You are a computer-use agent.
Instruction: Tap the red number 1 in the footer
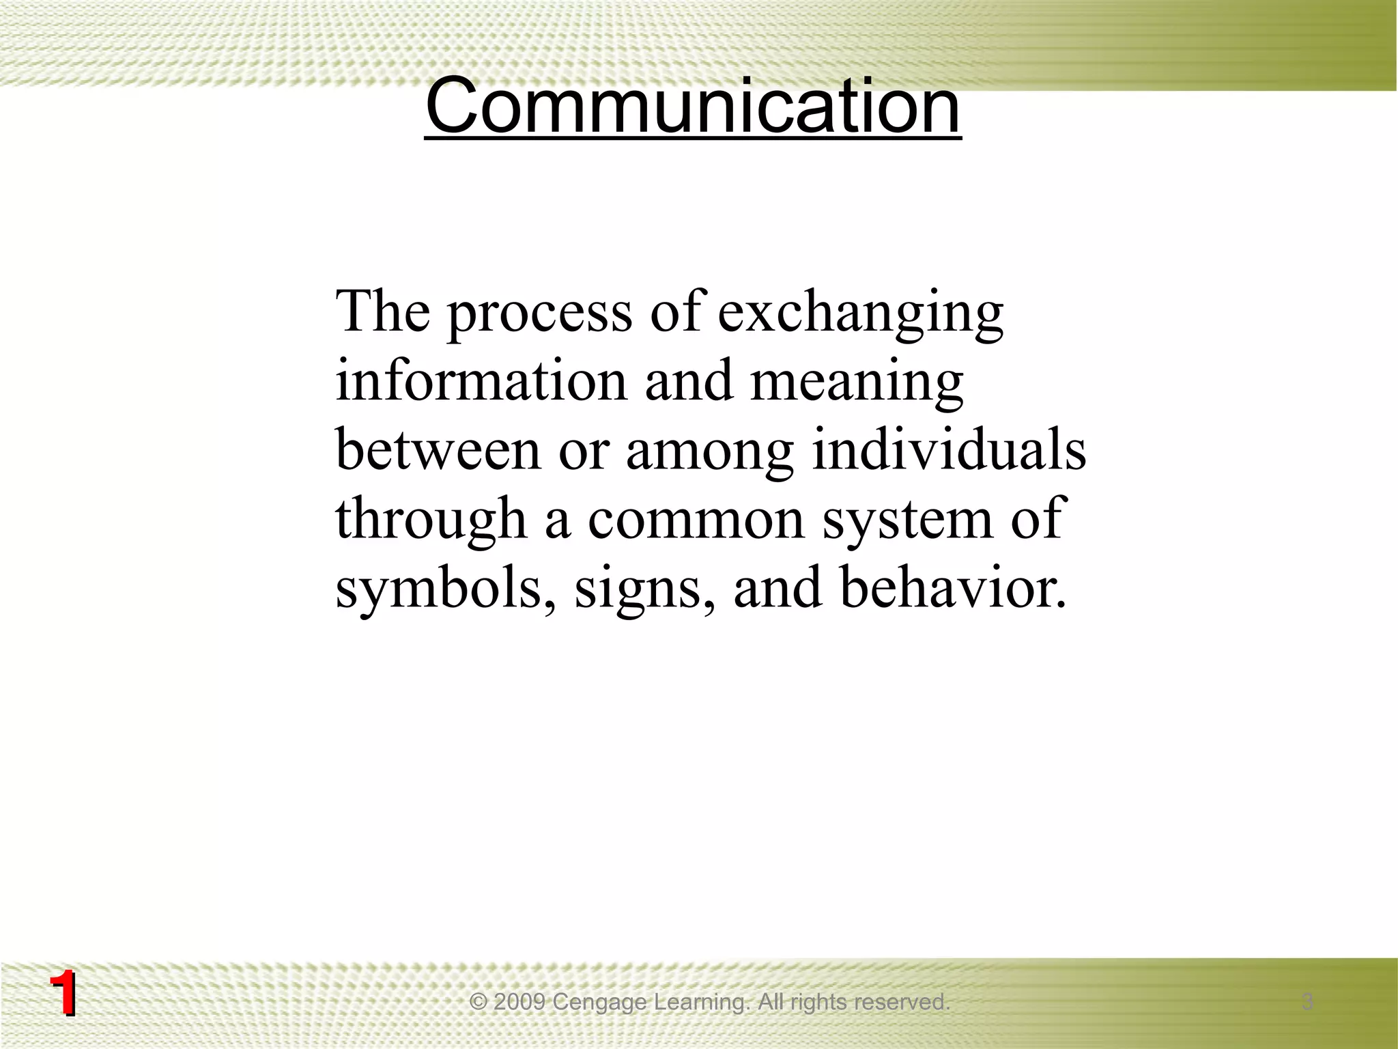pos(63,995)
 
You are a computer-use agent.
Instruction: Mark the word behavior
pos(952,589)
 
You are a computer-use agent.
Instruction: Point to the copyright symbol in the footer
pos(479,1003)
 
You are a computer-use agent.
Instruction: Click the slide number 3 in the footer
pos(1307,1002)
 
